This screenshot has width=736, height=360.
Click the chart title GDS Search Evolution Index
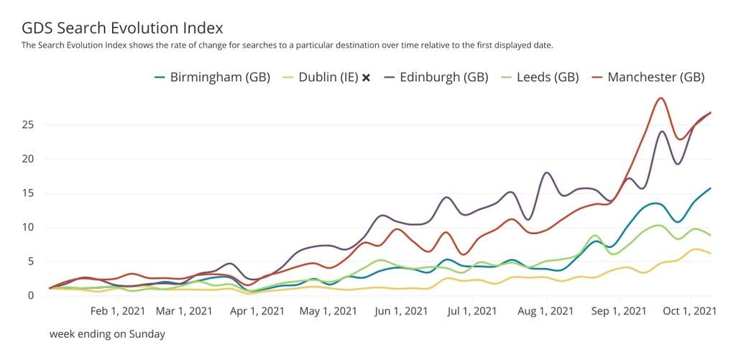click(x=122, y=28)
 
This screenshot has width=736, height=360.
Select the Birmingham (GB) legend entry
click(x=220, y=77)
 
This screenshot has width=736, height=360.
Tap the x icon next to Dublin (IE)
click(x=366, y=78)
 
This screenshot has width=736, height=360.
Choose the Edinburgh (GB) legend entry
click(x=444, y=77)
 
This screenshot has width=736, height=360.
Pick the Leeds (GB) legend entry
click(x=548, y=77)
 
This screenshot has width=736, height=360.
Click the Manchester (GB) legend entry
click(x=655, y=77)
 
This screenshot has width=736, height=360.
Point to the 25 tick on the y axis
click(x=28, y=125)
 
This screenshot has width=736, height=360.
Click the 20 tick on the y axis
click(x=28, y=159)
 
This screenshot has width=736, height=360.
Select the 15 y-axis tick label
click(x=28, y=193)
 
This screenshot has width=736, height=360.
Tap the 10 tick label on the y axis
click(x=28, y=227)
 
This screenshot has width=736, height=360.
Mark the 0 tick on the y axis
click(x=31, y=295)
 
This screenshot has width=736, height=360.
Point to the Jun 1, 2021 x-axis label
click(x=402, y=311)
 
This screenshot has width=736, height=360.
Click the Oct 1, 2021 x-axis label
click(x=691, y=311)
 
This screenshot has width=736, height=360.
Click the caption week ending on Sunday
click(x=108, y=334)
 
